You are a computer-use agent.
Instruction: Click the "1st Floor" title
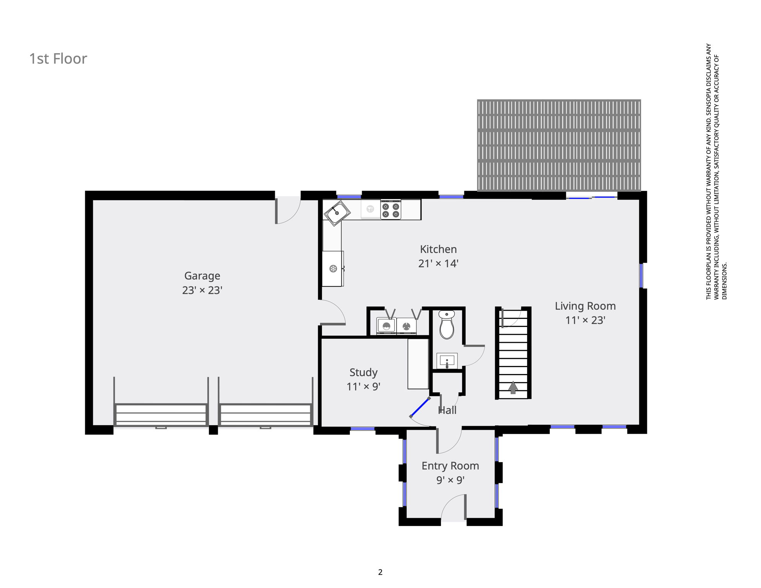pyautogui.click(x=58, y=59)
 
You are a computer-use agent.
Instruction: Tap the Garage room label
pyautogui.click(x=202, y=276)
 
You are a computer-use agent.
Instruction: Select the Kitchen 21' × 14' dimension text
pyautogui.click(x=438, y=263)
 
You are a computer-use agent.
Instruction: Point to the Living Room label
pyautogui.click(x=585, y=306)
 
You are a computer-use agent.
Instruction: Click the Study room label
pyautogui.click(x=363, y=372)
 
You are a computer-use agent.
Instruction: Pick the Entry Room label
pyautogui.click(x=450, y=466)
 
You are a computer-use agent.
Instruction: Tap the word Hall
pyautogui.click(x=447, y=410)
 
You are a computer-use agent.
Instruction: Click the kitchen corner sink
pyautogui.click(x=337, y=213)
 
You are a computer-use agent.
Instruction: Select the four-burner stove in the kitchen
pyautogui.click(x=391, y=209)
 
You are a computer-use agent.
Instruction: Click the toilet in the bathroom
pyautogui.click(x=446, y=325)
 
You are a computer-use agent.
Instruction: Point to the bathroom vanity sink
pyautogui.click(x=447, y=361)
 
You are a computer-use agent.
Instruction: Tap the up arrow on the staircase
pyautogui.click(x=513, y=387)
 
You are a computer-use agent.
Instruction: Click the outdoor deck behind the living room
pyautogui.click(x=559, y=145)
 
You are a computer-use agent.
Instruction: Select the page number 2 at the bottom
pyautogui.click(x=380, y=572)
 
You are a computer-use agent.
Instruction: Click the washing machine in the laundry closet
pyautogui.click(x=386, y=326)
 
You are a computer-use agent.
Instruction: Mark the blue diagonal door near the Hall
pyautogui.click(x=420, y=407)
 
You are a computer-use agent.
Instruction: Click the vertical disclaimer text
pyautogui.click(x=716, y=171)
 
